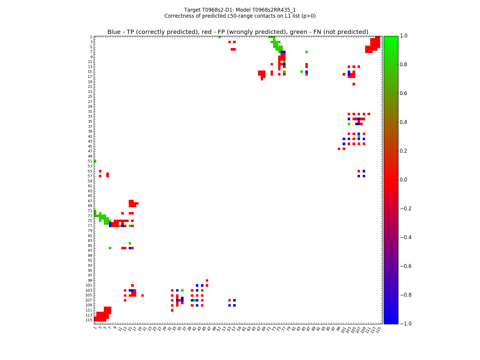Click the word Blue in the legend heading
pos(114,32)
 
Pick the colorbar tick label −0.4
pos(406,237)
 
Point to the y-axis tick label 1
pos(91,37)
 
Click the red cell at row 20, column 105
pos(354,84)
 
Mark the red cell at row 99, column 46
pos(207,280)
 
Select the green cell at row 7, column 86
pos(307,52)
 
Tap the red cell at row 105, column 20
pos(142,295)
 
